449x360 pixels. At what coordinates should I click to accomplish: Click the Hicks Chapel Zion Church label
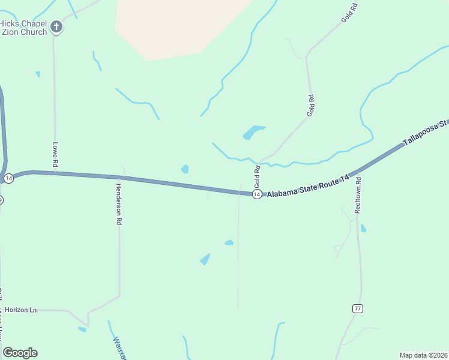click(23, 28)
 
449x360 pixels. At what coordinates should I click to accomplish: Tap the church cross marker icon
click(56, 26)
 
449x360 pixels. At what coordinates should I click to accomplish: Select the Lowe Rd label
click(55, 154)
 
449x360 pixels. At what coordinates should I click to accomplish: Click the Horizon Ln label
click(21, 310)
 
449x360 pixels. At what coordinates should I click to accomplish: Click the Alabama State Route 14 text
click(308, 191)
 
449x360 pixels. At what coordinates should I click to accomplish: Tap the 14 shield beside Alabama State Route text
click(257, 194)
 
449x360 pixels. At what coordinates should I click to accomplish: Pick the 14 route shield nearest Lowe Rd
click(8, 179)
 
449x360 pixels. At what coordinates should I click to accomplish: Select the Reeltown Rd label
click(358, 195)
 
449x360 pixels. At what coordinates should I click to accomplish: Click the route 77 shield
click(357, 308)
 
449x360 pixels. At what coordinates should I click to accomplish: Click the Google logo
click(20, 352)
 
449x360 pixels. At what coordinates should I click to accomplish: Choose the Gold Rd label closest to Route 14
click(257, 177)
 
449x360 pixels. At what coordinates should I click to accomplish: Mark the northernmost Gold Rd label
click(349, 13)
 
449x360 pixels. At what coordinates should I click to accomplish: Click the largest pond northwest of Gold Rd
click(253, 132)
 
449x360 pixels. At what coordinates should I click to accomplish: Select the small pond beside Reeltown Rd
click(364, 229)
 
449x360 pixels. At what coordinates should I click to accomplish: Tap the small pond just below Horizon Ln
click(82, 329)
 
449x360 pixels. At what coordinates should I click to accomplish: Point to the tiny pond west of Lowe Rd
click(38, 74)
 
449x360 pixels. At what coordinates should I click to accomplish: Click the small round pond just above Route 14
click(185, 169)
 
